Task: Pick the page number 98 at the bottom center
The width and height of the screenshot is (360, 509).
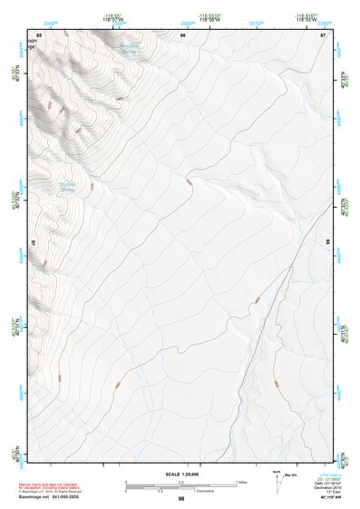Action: (x=181, y=499)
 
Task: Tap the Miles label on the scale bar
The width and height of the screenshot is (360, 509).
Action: (x=242, y=482)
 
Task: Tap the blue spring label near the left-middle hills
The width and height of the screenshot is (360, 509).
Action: (x=67, y=188)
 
